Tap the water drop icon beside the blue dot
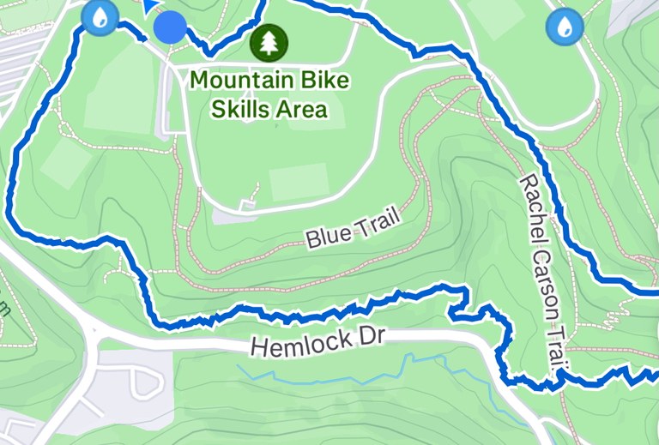tap(100, 16)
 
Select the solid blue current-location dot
tap(170, 27)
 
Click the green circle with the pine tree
tap(269, 41)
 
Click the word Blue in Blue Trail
tap(324, 235)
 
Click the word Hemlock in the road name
tap(292, 343)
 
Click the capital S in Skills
tap(217, 109)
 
